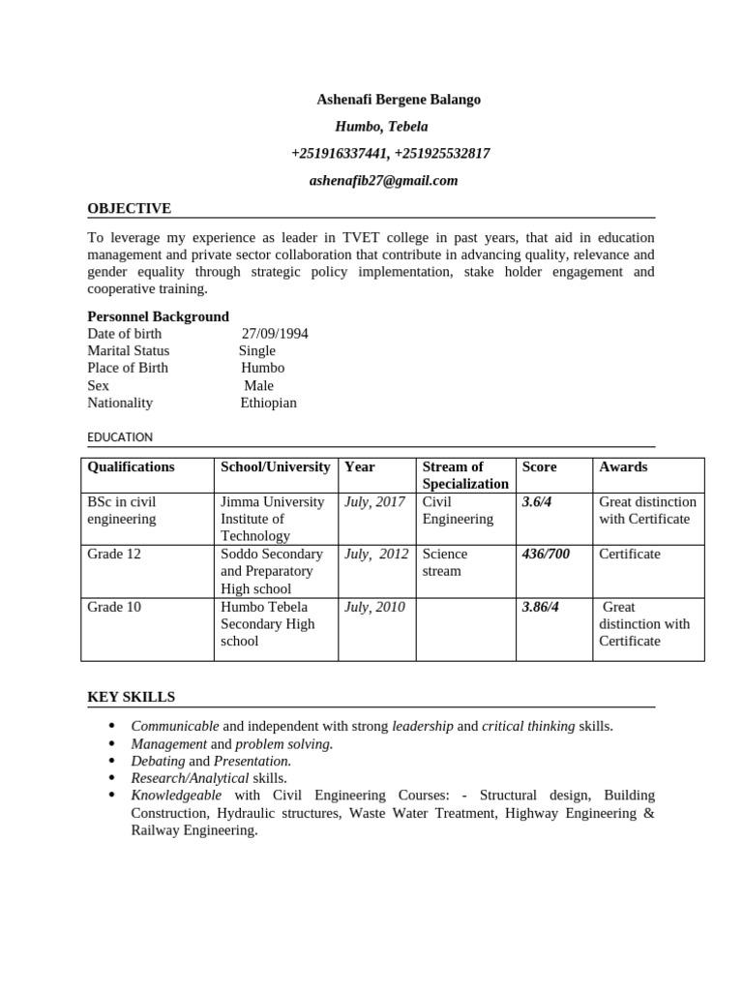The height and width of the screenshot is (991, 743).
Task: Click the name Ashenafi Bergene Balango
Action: pyautogui.click(x=399, y=100)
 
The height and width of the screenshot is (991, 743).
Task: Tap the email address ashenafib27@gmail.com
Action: pyautogui.click(x=383, y=180)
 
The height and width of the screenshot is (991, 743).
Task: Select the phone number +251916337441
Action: pyautogui.click(x=339, y=154)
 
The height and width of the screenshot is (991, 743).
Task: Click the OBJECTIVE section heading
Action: pyautogui.click(x=130, y=208)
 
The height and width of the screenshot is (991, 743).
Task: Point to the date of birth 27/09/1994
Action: pyautogui.click(x=275, y=334)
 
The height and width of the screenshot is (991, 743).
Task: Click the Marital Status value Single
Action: pyautogui.click(x=257, y=351)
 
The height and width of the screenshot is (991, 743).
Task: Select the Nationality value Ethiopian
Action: pyautogui.click(x=269, y=404)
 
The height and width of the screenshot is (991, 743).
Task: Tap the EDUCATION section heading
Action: pyautogui.click(x=120, y=437)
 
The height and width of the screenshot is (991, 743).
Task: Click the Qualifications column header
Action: pyautogui.click(x=132, y=466)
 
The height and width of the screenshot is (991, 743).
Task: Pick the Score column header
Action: pyautogui.click(x=539, y=466)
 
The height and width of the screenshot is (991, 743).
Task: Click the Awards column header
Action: pyautogui.click(x=623, y=466)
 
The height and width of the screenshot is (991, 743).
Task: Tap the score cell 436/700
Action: pyautogui.click(x=546, y=555)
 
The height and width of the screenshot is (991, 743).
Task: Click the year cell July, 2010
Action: pyautogui.click(x=374, y=607)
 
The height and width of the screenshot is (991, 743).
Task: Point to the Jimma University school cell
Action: pyautogui.click(x=273, y=519)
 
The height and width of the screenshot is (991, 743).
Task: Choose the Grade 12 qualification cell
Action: pyautogui.click(x=114, y=555)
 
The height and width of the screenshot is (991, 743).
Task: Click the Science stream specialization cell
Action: pyautogui.click(x=445, y=562)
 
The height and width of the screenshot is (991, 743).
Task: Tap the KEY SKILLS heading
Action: pyautogui.click(x=132, y=698)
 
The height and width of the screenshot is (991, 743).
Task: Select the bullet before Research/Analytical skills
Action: pyautogui.click(x=112, y=777)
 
